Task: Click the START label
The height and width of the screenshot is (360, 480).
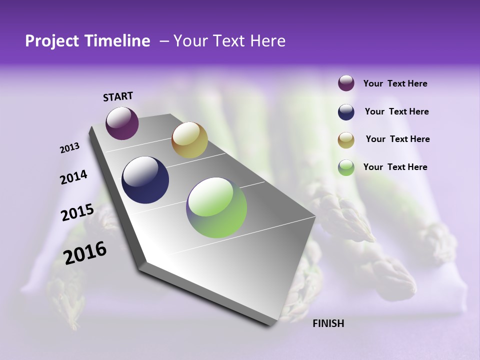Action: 118,96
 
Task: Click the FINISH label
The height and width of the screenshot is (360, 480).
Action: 328,323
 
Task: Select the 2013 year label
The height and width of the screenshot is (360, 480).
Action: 69,148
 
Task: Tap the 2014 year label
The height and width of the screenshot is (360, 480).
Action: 73,177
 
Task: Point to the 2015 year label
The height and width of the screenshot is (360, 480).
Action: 77,212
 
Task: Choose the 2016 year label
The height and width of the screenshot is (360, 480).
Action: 85,253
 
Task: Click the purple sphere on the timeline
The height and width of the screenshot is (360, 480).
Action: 122,123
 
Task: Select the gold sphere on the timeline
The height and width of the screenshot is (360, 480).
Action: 189,140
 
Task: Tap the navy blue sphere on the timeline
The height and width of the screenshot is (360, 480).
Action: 145,180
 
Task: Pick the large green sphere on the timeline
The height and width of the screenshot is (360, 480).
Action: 216,207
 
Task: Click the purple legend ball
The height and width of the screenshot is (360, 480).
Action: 346,83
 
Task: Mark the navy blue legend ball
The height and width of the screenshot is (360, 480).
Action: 346,112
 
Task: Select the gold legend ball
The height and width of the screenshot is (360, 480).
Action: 346,140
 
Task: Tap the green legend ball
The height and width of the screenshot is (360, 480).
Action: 346,167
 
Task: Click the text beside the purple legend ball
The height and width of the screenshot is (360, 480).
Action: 395,84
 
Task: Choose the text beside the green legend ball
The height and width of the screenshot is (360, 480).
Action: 395,167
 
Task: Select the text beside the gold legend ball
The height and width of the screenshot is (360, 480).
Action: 397,139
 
